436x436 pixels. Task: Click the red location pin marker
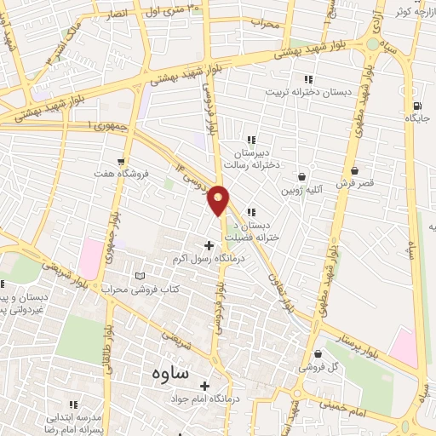pyautogui.click(x=219, y=199)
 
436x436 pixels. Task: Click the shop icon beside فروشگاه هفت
pyautogui.click(x=123, y=160)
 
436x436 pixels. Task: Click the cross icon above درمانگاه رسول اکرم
pyautogui.click(x=209, y=245)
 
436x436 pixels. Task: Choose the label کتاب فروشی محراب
pyautogui.click(x=163, y=290)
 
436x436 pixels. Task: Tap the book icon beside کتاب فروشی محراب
pyautogui.click(x=141, y=276)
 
